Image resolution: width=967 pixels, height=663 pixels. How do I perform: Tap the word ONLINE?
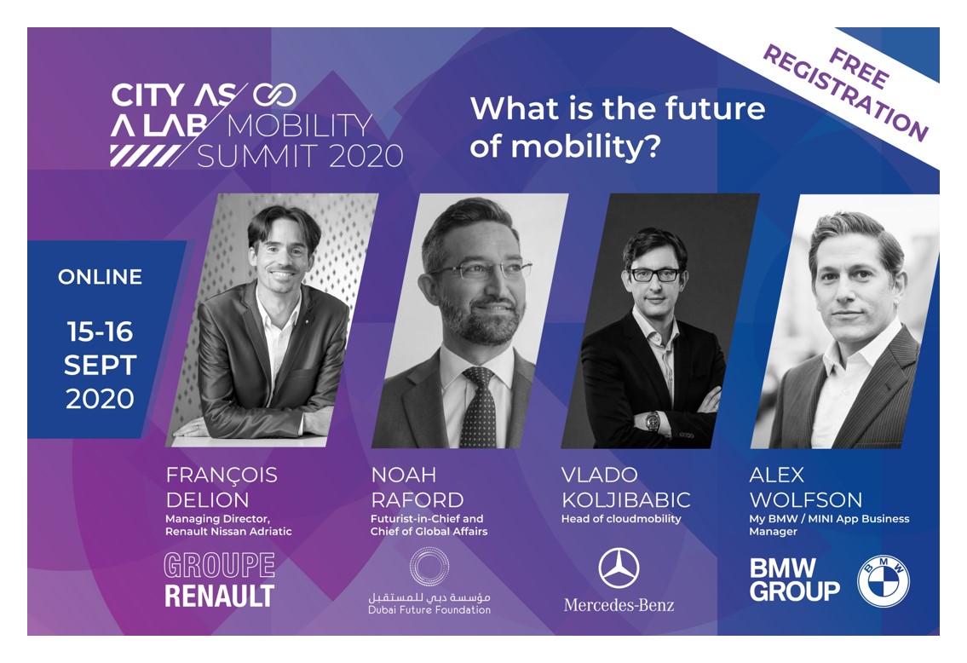[x=100, y=277]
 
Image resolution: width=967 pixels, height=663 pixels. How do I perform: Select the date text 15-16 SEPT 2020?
[x=100, y=366]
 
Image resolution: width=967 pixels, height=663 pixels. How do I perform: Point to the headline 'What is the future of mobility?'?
[x=617, y=127]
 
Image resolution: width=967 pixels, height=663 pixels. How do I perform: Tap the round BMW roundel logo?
[x=883, y=581]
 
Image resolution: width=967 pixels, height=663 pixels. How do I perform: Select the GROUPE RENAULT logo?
[x=219, y=579]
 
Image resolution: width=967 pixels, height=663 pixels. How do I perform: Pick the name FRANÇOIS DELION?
[x=221, y=487]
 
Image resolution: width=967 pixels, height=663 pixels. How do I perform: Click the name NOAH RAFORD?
[x=417, y=487]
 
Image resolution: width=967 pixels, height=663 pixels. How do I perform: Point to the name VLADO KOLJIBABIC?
[x=625, y=487]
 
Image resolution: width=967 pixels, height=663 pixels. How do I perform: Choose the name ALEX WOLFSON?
[x=805, y=487]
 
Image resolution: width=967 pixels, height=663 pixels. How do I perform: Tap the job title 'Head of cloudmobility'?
[x=621, y=519]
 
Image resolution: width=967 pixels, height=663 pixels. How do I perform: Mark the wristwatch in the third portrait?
[x=652, y=421]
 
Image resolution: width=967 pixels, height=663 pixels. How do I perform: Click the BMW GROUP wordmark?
[x=794, y=579]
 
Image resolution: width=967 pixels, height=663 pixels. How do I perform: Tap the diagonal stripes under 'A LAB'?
[x=145, y=155]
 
